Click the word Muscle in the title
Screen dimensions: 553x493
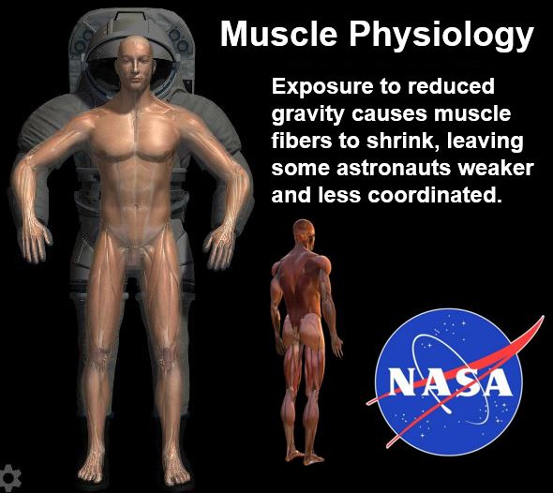pos(279,34)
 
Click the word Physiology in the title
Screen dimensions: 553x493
pos(441,37)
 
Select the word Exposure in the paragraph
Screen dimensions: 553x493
pos(322,87)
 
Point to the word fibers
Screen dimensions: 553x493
pos(302,141)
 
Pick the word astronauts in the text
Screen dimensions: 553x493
pos(394,168)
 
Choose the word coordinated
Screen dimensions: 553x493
pos(435,195)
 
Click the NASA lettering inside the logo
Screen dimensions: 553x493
pos(450,381)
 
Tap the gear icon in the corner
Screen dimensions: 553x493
pos(9,478)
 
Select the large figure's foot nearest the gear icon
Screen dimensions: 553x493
pos(91,468)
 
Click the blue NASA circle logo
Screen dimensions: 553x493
pos(449,382)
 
